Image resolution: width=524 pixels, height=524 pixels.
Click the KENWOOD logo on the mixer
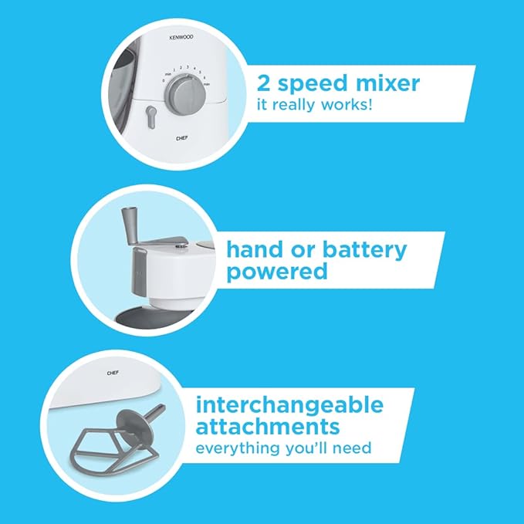181,37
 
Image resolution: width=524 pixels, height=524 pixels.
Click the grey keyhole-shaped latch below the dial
151,117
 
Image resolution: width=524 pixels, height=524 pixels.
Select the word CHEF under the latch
182,138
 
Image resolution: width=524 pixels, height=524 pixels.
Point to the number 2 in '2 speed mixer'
264,83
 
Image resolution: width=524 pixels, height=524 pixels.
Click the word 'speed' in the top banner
313,85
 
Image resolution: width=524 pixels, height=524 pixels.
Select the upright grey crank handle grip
130,225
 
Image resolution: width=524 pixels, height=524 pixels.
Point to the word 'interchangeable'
289,405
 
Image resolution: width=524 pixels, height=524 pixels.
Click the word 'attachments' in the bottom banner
268,426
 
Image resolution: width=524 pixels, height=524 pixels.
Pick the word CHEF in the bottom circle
113,373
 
